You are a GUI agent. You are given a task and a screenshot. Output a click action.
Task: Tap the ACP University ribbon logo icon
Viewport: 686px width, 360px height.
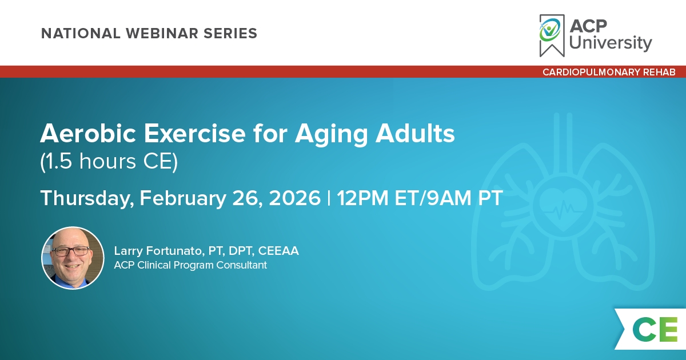coord(552,35)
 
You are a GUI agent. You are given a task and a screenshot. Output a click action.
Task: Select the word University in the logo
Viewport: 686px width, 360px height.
coord(611,43)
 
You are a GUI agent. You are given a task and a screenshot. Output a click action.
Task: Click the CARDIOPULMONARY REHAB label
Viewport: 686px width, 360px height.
coord(609,72)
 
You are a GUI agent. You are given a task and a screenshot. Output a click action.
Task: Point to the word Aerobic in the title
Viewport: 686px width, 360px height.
coord(88,134)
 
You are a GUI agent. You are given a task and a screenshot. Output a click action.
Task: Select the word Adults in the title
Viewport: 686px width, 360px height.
coord(415,134)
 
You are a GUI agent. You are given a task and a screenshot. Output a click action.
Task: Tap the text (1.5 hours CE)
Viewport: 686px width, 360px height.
coord(109,161)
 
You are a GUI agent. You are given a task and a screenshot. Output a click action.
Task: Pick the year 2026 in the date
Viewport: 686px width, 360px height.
coord(294,198)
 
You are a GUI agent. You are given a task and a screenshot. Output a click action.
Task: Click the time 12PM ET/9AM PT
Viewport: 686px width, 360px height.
coord(420,198)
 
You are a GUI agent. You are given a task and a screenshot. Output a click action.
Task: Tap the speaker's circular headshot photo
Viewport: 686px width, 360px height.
coord(73,258)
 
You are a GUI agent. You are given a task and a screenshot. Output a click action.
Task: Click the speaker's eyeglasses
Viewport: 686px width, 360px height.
coord(71,251)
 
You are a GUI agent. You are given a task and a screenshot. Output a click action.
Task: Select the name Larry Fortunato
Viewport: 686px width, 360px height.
coord(158,251)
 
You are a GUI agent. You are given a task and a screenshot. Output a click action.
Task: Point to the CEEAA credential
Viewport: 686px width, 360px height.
coord(278,251)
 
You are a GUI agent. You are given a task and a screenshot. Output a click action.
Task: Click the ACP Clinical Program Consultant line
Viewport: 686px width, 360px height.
coord(190,265)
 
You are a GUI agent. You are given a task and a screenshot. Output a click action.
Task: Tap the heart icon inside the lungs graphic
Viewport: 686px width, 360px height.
coord(563,209)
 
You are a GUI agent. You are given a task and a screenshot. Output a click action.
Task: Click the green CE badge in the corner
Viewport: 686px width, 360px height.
coord(655,329)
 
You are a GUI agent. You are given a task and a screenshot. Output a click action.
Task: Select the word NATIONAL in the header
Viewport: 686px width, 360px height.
coord(81,33)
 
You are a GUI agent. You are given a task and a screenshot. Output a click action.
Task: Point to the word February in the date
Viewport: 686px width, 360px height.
coord(182,198)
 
